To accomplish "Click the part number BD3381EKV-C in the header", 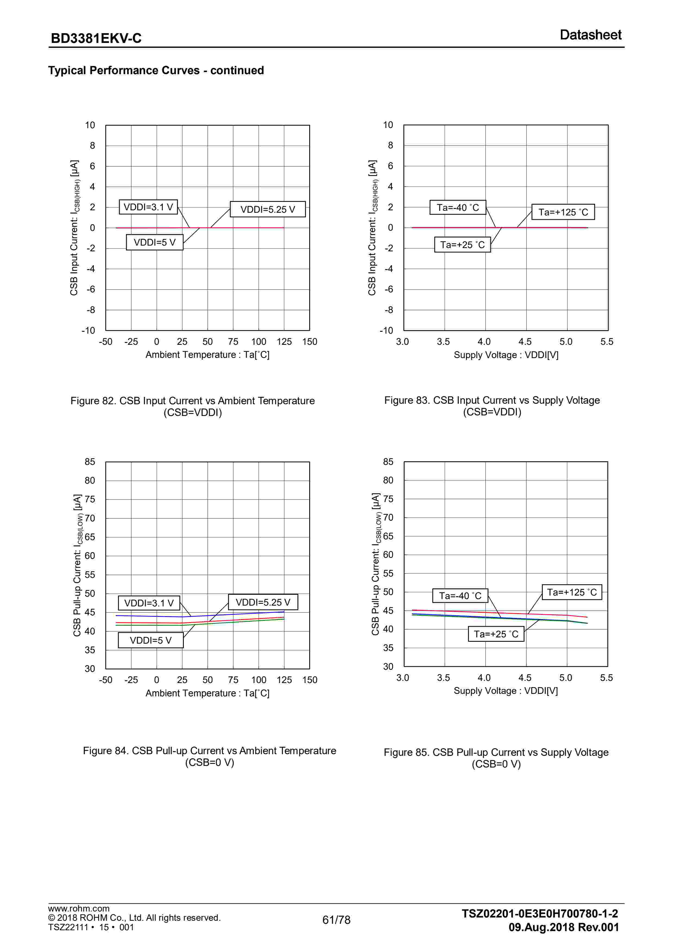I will pyautogui.click(x=96, y=38).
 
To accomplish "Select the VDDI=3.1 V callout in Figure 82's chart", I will pyautogui.click(x=148, y=207).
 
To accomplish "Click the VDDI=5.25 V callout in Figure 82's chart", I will pyautogui.click(x=268, y=209).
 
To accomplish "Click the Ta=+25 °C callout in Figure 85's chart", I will pyautogui.click(x=496, y=634).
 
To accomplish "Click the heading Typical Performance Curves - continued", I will pyautogui.click(x=156, y=70).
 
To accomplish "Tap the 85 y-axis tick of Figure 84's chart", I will pyautogui.click(x=90, y=462).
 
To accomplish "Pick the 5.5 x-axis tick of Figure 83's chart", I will pyautogui.click(x=607, y=342).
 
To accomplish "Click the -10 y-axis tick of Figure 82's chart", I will pyautogui.click(x=88, y=330).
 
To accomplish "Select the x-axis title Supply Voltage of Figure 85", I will pyautogui.click(x=505, y=691).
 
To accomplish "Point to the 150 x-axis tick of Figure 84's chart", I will pyautogui.click(x=309, y=680).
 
